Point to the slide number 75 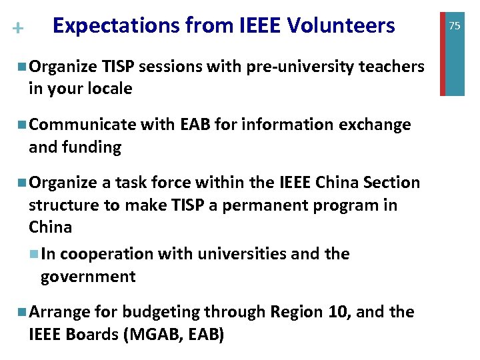click(x=455, y=26)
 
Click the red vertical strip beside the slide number click(x=443, y=47)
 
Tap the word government click(x=88, y=277)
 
